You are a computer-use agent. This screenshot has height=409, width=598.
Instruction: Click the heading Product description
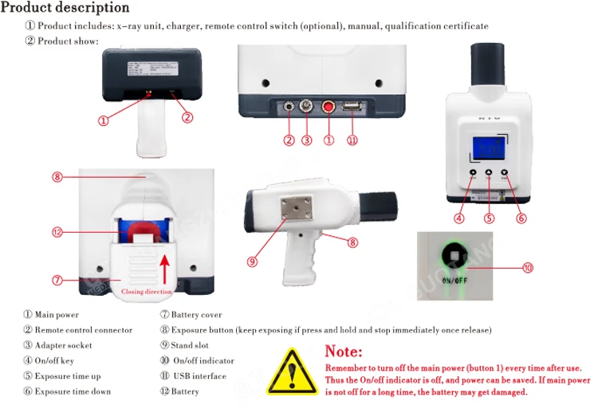[x=65, y=8]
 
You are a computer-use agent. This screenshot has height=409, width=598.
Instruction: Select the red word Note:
[x=344, y=352]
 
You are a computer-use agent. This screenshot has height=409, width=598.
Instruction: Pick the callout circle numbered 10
[x=528, y=267]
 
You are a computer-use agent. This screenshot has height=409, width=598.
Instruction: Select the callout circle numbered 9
[x=252, y=261]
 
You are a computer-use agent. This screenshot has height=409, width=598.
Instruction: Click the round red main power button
[x=328, y=107]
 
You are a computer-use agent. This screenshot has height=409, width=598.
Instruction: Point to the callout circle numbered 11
[x=352, y=140]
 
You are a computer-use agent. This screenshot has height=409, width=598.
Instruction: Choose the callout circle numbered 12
[x=57, y=233]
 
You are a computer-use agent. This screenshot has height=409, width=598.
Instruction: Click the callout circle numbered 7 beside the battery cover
[x=57, y=280]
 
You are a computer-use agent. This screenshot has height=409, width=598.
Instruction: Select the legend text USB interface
[x=199, y=376]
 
